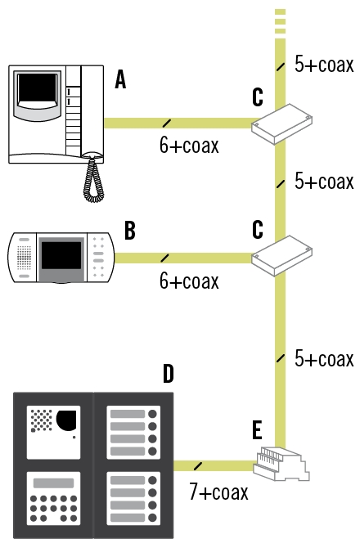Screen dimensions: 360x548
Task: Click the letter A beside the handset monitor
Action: pos(120,79)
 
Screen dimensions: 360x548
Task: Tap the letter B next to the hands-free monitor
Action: pos(129,231)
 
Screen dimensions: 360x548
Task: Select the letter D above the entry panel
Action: pos(168,374)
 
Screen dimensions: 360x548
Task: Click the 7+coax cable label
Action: pos(218,491)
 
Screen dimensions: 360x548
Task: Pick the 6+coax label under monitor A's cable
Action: pos(189,145)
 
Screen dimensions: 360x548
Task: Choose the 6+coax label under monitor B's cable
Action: pos(189,281)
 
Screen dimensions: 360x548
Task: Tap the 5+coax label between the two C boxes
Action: pos(324,181)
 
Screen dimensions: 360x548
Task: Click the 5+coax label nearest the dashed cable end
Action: pos(324,64)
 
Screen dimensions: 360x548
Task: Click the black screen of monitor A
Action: pos(37,88)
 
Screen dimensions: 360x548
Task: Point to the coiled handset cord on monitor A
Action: pos(93,180)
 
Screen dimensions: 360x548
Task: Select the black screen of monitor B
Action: pos(61,255)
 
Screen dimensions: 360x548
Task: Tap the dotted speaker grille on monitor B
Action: pos(24,258)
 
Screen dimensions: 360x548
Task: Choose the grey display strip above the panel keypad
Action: pos(53,483)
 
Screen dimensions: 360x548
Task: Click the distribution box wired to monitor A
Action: pos(281,124)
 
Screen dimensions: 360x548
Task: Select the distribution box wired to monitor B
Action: pos(281,256)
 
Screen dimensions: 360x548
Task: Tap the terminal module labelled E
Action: pos(281,464)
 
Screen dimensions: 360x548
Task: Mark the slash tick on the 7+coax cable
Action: pos(198,466)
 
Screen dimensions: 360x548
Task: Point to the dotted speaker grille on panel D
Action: pos(41,420)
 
